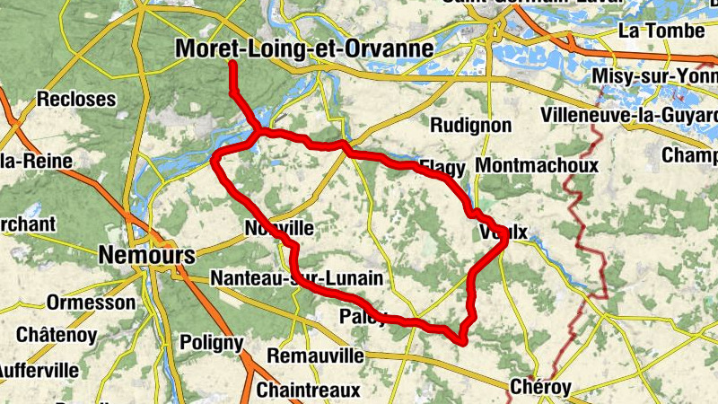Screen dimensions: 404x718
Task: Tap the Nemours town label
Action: [147, 255]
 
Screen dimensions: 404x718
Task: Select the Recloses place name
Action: [77, 99]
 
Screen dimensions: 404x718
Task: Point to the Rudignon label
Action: [471, 125]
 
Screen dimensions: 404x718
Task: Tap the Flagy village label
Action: [443, 167]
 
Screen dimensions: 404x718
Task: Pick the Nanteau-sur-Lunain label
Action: [302, 278]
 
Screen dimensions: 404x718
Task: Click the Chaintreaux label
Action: [308, 391]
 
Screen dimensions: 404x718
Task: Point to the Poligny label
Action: [212, 342]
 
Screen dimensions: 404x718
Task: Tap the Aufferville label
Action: [36, 368]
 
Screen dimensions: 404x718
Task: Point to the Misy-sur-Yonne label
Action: [655, 76]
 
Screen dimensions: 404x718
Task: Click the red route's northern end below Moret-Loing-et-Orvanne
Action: [232, 65]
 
